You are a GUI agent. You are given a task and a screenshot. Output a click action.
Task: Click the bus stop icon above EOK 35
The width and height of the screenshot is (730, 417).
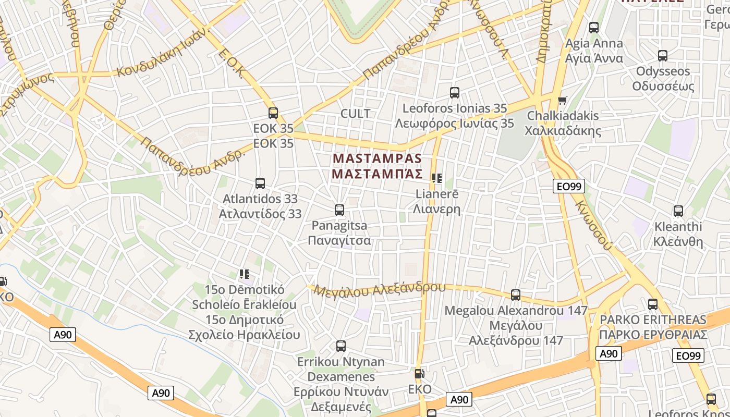click(x=273, y=113)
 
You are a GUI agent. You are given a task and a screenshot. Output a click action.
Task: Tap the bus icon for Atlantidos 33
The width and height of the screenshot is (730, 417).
click(x=260, y=183)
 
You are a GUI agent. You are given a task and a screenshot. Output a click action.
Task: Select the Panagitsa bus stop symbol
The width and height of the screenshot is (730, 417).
click(x=339, y=210)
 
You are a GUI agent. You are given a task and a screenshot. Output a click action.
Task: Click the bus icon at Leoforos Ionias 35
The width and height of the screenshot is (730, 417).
click(x=455, y=93)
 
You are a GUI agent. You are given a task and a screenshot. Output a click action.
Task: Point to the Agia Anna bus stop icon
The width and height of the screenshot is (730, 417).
click(x=594, y=28)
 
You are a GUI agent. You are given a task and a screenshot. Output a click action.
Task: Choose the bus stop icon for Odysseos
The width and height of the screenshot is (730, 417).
click(x=663, y=55)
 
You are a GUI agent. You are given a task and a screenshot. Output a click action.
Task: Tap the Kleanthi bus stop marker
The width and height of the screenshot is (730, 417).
click(x=678, y=211)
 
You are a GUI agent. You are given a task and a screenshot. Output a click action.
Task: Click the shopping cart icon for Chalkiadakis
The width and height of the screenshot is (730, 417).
click(x=562, y=100)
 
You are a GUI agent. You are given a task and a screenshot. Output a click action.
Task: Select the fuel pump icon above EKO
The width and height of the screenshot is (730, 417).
click(x=419, y=374)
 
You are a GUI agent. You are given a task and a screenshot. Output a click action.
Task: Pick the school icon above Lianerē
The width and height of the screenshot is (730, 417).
click(x=437, y=178)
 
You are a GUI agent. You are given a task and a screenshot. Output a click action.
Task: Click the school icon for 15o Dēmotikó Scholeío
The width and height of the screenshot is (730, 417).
click(x=244, y=274)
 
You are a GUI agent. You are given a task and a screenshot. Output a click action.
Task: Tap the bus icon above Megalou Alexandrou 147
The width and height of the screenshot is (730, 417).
click(x=516, y=295)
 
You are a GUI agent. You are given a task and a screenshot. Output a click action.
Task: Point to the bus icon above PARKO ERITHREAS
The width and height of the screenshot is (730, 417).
click(x=653, y=304)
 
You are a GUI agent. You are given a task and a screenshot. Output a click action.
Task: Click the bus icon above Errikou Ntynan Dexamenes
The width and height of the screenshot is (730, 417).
click(x=341, y=346)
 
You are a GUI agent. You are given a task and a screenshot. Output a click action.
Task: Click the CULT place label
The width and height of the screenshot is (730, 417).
click(x=355, y=114)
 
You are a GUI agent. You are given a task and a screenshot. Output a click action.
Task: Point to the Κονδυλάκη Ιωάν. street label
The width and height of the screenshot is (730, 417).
click(x=163, y=52)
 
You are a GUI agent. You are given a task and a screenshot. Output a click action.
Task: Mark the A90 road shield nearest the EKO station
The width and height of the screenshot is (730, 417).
click(x=459, y=400)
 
